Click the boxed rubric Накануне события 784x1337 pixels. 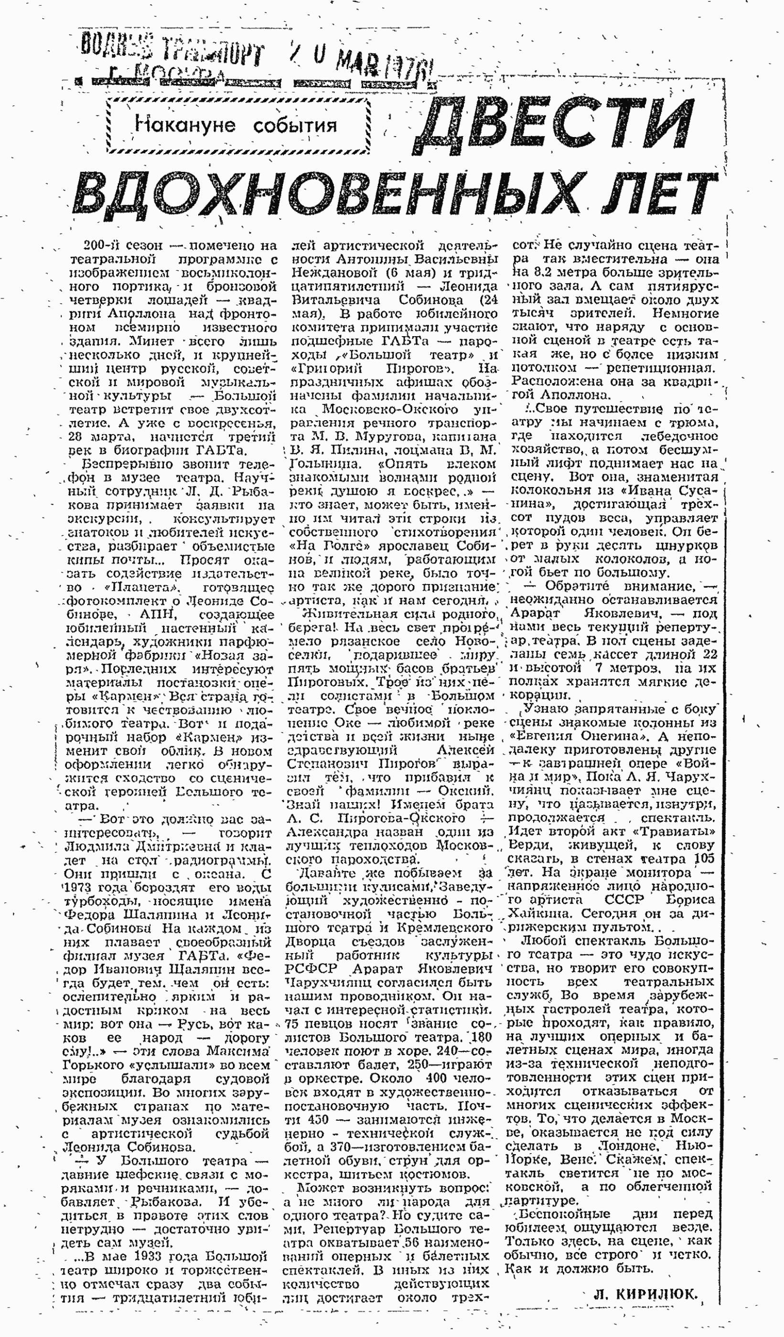pos(237,125)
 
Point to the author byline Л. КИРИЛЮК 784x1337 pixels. pos(645,1294)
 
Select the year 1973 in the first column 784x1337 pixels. pos(81,888)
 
